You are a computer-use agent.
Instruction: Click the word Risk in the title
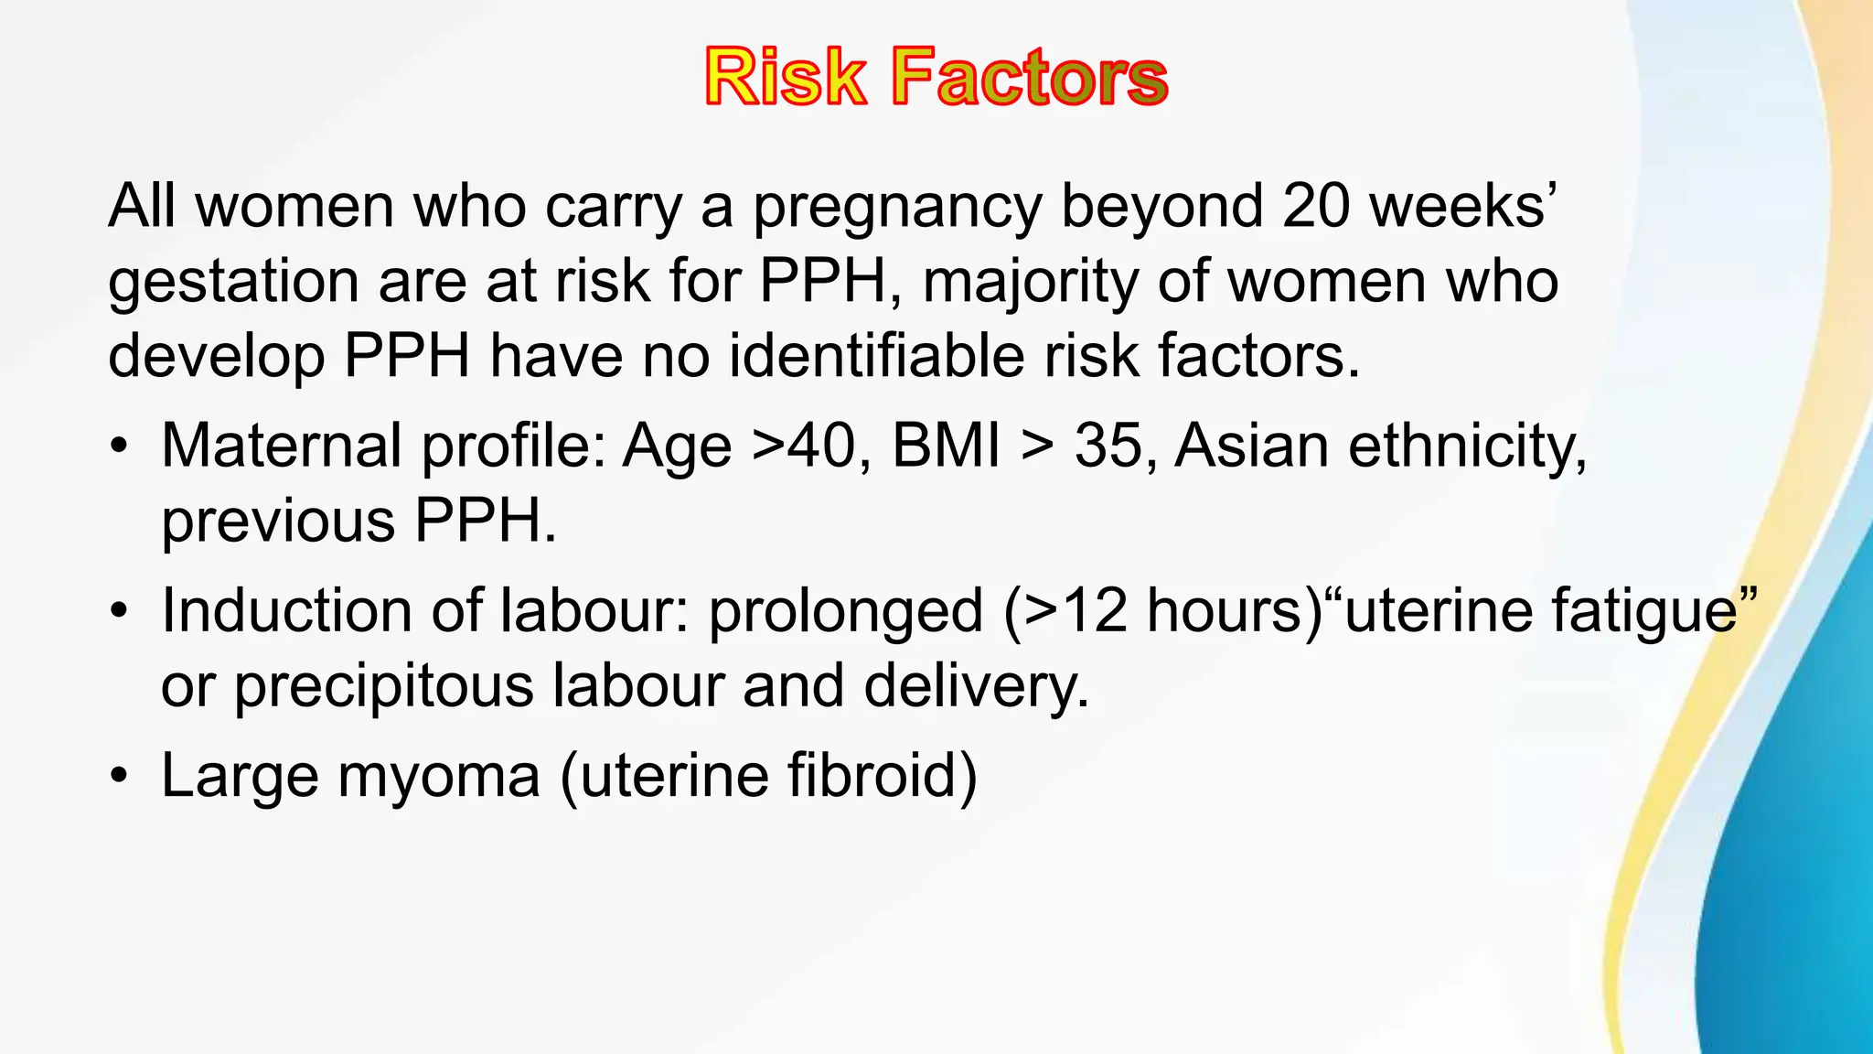785,78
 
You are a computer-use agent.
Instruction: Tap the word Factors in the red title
1030,78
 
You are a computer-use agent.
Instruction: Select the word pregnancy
896,207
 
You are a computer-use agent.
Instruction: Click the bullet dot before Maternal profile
118,447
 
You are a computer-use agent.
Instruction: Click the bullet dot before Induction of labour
118,612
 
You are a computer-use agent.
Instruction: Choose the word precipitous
383,686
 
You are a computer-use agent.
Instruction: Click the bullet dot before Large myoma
118,777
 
